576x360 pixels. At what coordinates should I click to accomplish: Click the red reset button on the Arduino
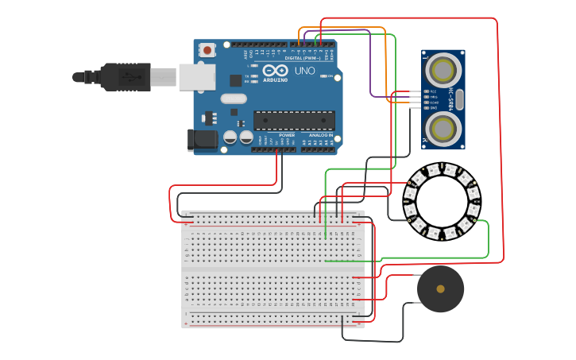click(x=207, y=50)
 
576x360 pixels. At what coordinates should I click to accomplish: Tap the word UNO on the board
click(x=305, y=71)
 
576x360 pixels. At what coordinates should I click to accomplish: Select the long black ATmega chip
click(x=293, y=120)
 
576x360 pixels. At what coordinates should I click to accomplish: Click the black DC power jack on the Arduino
click(x=202, y=140)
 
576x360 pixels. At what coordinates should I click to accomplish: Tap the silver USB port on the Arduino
click(x=196, y=76)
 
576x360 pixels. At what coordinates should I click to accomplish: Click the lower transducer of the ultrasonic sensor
click(x=442, y=127)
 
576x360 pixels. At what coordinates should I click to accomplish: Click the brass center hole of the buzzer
click(x=441, y=289)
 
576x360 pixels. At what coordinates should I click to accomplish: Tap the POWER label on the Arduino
click(x=287, y=135)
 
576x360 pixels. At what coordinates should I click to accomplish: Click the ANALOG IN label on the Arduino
click(x=321, y=135)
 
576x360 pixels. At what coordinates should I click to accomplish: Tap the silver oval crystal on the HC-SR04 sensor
click(x=459, y=99)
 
